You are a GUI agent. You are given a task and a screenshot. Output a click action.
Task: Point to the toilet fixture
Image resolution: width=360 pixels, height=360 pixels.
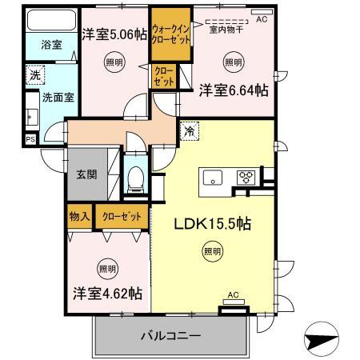(135, 177)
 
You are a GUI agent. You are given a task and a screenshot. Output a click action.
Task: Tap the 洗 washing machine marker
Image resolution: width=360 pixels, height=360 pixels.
(34, 75)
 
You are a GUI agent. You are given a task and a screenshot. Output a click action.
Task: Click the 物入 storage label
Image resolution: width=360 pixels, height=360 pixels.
(79, 216)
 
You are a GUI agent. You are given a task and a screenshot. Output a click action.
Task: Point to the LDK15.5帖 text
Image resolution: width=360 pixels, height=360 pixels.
(213, 225)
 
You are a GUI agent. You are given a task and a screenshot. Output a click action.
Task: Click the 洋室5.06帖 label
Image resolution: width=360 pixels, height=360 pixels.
(114, 34)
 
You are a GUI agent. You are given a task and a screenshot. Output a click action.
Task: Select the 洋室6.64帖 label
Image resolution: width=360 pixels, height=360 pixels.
(234, 91)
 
